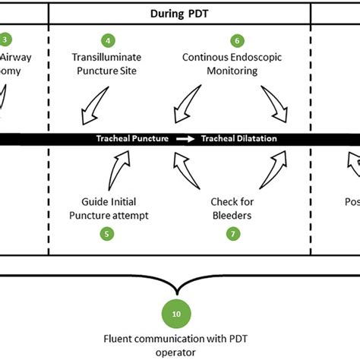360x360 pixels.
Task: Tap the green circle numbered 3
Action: click(x=5, y=39)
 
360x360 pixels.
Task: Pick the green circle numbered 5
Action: click(x=109, y=234)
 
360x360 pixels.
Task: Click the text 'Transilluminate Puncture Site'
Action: click(x=109, y=64)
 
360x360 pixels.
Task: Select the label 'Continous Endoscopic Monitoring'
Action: click(x=232, y=64)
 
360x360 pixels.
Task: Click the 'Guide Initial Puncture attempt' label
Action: click(x=114, y=209)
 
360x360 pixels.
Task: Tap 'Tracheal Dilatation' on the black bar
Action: click(x=238, y=139)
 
